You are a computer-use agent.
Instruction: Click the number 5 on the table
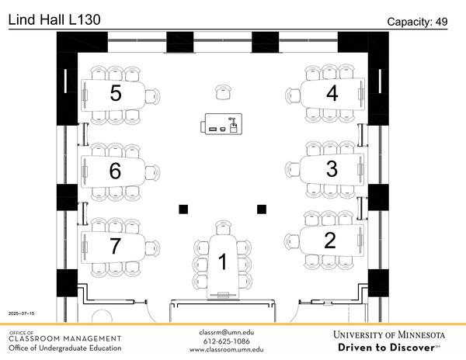point(116,94)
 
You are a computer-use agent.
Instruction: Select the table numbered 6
point(116,171)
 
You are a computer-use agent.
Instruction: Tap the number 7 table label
point(116,246)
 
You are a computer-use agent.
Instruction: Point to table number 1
point(223,262)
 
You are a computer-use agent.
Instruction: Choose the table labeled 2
point(330,241)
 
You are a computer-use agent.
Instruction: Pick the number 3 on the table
point(332,168)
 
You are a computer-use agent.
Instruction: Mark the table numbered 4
point(332,94)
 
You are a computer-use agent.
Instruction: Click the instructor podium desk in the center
point(224,123)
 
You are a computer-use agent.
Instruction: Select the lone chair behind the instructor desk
point(224,92)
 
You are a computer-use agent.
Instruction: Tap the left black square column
point(183,208)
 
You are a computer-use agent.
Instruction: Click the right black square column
point(262,208)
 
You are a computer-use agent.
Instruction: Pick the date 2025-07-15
point(22,313)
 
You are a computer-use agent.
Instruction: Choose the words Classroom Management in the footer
point(65,339)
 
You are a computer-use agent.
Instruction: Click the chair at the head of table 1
point(224,228)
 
